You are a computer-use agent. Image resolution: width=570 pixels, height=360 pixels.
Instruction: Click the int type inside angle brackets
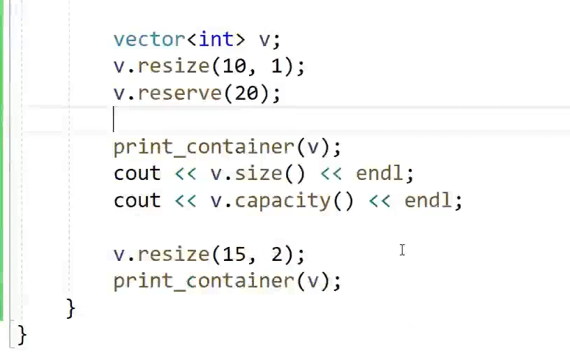(x=216, y=39)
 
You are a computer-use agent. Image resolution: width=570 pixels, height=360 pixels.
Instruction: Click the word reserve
(x=180, y=93)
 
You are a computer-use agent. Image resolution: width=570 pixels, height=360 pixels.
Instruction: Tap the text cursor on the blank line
(x=114, y=119)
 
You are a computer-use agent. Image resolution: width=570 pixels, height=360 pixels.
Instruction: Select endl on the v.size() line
(x=380, y=173)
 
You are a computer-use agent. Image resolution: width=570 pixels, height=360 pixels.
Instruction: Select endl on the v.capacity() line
(x=428, y=200)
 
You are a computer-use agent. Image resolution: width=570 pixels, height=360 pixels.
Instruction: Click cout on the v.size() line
(x=137, y=173)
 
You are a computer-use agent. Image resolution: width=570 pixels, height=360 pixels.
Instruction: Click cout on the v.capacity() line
(x=137, y=200)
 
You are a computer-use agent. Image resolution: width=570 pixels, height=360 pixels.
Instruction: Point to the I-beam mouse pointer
(x=403, y=250)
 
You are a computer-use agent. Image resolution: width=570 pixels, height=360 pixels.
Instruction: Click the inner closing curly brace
(x=70, y=308)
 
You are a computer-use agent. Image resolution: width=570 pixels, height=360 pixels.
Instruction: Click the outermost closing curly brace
(x=22, y=334)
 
